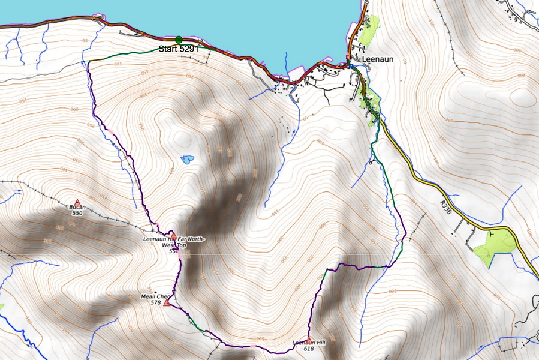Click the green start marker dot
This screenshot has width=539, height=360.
click(x=179, y=40)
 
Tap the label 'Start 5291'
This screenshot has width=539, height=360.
click(x=178, y=49)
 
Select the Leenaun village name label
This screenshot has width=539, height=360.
click(x=378, y=60)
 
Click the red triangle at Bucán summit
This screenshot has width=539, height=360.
click(x=77, y=203)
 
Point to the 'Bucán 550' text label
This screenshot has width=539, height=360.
click(x=77, y=210)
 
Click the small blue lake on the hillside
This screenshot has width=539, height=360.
click(x=188, y=160)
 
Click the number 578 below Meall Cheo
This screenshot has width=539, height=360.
click(x=156, y=303)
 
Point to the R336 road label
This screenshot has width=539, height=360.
click(x=444, y=207)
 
